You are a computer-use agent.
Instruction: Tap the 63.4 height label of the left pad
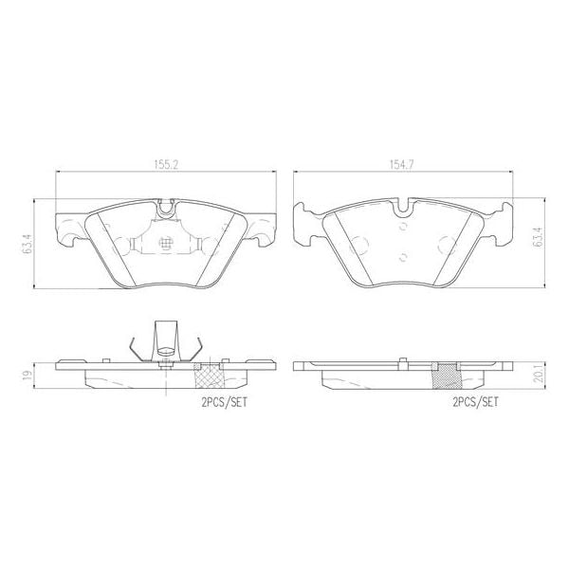click(x=29, y=243)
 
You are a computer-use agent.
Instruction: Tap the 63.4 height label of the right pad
click(x=538, y=237)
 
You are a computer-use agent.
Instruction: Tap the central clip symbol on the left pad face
click(x=167, y=244)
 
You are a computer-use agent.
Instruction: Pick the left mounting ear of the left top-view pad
click(x=66, y=230)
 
